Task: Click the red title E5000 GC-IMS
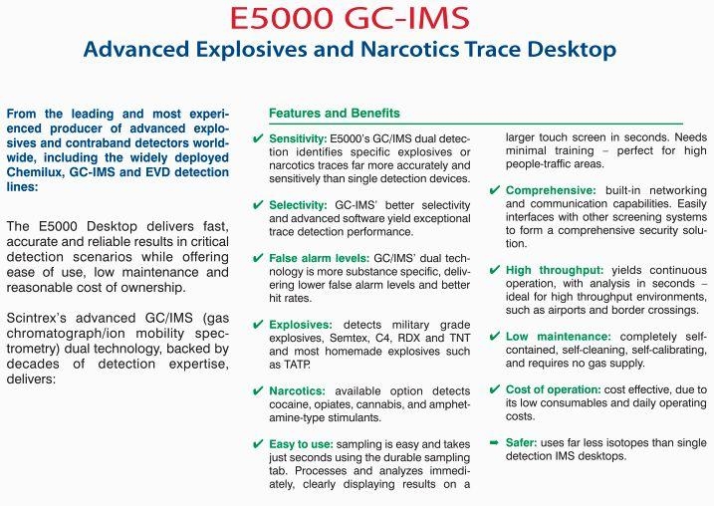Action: (350, 18)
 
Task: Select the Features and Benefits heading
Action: (335, 113)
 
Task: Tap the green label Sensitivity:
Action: (298, 138)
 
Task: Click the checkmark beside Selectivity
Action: (258, 205)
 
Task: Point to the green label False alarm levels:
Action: (320, 258)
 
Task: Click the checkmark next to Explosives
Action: (258, 325)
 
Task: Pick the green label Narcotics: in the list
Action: (298, 391)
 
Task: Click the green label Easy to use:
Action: (301, 444)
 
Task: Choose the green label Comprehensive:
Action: (551, 190)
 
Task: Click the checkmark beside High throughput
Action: (495, 270)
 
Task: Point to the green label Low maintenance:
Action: (559, 337)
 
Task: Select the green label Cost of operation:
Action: (554, 389)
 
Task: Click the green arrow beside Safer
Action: (494, 442)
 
